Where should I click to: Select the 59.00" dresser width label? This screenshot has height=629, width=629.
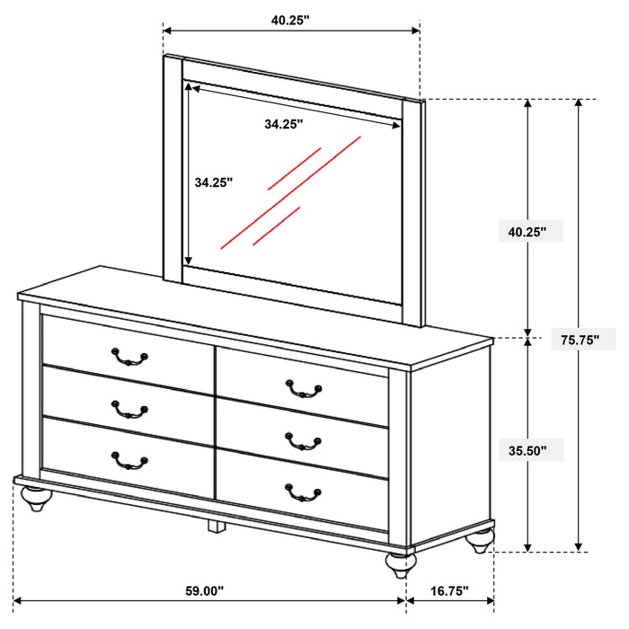(x=205, y=590)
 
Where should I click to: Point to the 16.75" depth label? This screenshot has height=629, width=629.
(x=449, y=590)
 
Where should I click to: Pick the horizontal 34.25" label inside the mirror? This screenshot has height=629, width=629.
(x=283, y=124)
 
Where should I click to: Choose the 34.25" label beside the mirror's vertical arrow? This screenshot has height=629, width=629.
(x=213, y=182)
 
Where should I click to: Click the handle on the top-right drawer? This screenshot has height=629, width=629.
(x=303, y=388)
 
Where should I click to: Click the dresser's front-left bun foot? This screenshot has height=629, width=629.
(x=36, y=500)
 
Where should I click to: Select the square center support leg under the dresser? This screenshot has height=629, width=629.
(x=215, y=526)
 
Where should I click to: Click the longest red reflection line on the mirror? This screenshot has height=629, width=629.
(x=290, y=191)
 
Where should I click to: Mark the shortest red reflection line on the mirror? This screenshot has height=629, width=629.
(x=276, y=226)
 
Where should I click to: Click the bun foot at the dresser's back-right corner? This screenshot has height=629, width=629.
(x=483, y=539)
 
